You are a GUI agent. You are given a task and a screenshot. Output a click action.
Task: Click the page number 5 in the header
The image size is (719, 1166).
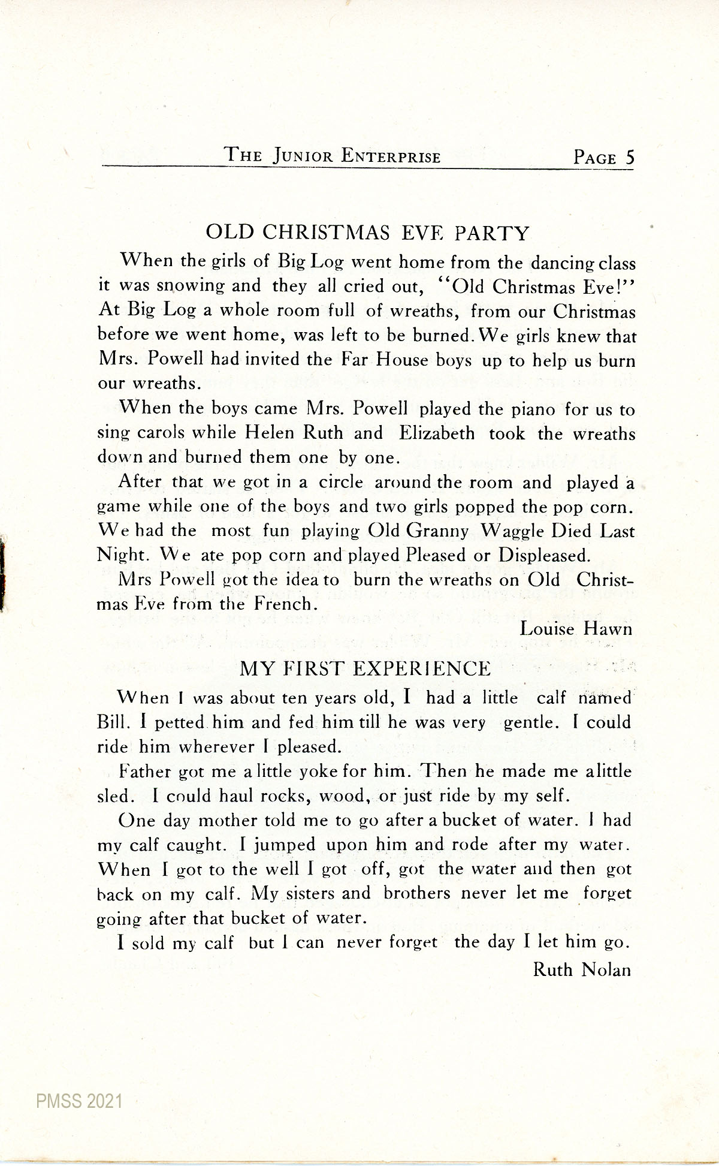629,157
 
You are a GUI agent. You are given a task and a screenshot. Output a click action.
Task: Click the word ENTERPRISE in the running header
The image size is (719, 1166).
391,156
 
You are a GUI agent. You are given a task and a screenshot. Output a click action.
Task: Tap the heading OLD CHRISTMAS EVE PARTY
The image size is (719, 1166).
367,233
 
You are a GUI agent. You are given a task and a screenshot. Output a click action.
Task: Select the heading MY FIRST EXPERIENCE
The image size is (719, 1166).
365,668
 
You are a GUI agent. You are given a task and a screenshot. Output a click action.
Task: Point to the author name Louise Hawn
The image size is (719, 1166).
576,628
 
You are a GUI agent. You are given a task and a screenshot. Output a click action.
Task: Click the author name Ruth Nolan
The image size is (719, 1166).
582,969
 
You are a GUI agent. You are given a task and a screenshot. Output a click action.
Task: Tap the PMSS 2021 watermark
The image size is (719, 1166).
79,1101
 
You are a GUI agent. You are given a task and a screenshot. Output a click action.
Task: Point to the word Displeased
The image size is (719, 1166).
545,555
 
